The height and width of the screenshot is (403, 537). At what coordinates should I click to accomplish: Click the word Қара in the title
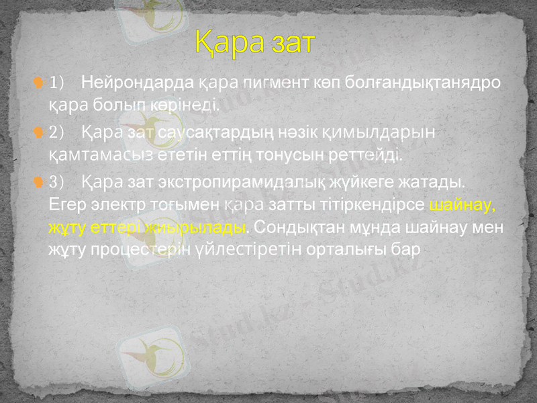coord(228,42)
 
